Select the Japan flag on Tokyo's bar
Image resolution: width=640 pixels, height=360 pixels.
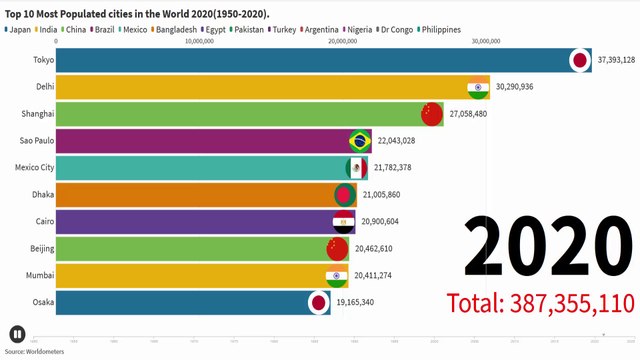coord(579,60)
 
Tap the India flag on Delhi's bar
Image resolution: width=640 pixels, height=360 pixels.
coord(478,87)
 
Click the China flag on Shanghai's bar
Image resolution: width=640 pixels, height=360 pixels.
coord(431,114)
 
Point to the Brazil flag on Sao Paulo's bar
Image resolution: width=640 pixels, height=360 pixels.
coord(360,141)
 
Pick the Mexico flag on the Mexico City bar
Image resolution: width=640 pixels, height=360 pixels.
coord(356,168)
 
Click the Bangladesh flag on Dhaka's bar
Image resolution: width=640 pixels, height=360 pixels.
coord(345,195)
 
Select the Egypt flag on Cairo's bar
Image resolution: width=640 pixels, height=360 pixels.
coord(343,222)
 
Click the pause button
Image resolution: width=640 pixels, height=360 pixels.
coord(17,334)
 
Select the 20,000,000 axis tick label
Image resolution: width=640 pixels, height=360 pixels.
coord(344,42)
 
